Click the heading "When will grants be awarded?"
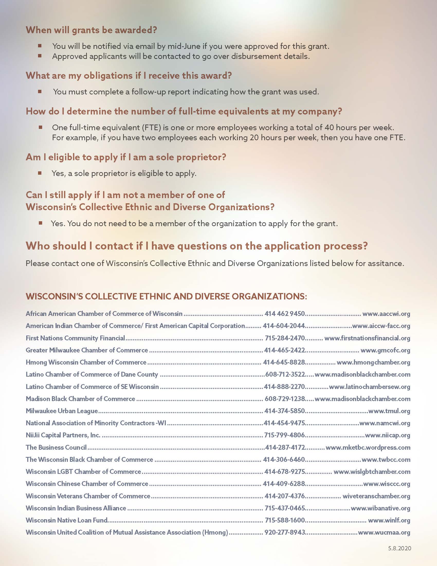click(91, 30)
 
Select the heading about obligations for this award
click(129, 75)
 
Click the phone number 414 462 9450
click(285, 314)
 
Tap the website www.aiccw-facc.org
click(381, 326)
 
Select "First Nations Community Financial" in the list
click(75, 338)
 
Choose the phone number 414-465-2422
click(285, 350)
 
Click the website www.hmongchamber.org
click(373, 362)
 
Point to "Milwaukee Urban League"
click(62, 411)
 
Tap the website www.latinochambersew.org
click(369, 387)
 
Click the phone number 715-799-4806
click(285, 435)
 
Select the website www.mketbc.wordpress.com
click(368, 447)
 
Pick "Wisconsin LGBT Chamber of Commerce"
click(83, 472)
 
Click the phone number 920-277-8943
click(285, 532)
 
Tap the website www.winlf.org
click(389, 520)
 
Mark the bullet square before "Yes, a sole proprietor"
click(40, 173)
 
